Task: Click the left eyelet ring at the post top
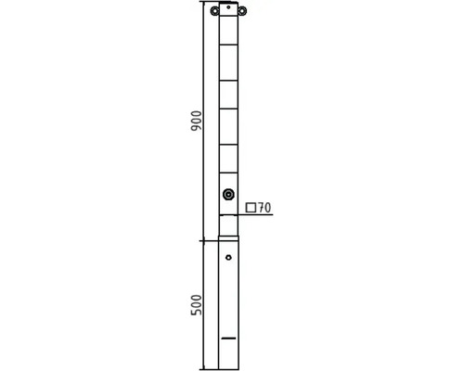pyautogui.click(x=215, y=11)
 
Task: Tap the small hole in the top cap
pyautogui.click(x=228, y=6)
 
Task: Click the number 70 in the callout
pyautogui.click(x=264, y=209)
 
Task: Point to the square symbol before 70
pyautogui.click(x=251, y=208)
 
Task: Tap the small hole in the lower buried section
pyautogui.click(x=228, y=257)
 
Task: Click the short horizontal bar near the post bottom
pyautogui.click(x=228, y=338)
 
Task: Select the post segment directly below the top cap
pyautogui.click(x=228, y=31)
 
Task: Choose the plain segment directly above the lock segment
pyautogui.click(x=228, y=159)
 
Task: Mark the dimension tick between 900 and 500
pyautogui.click(x=204, y=239)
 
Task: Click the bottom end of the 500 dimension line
pyautogui.click(x=204, y=368)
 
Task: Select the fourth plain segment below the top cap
pyautogui.click(x=228, y=127)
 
